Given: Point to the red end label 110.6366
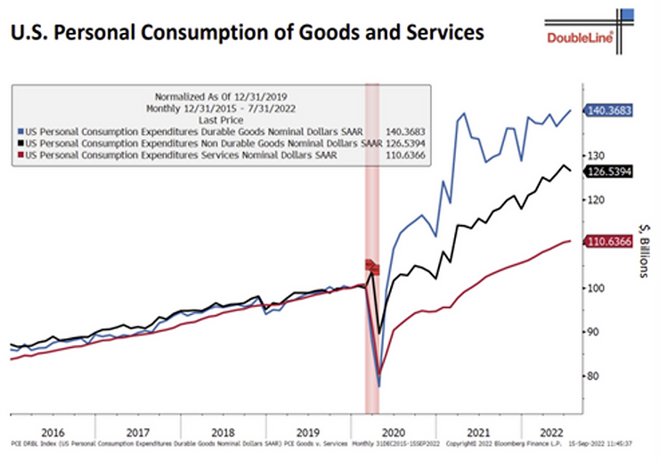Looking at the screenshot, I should pyautogui.click(x=608, y=241).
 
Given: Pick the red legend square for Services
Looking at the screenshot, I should pyautogui.click(x=20, y=154).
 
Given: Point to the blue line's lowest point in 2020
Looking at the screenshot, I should pyautogui.click(x=378, y=386).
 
